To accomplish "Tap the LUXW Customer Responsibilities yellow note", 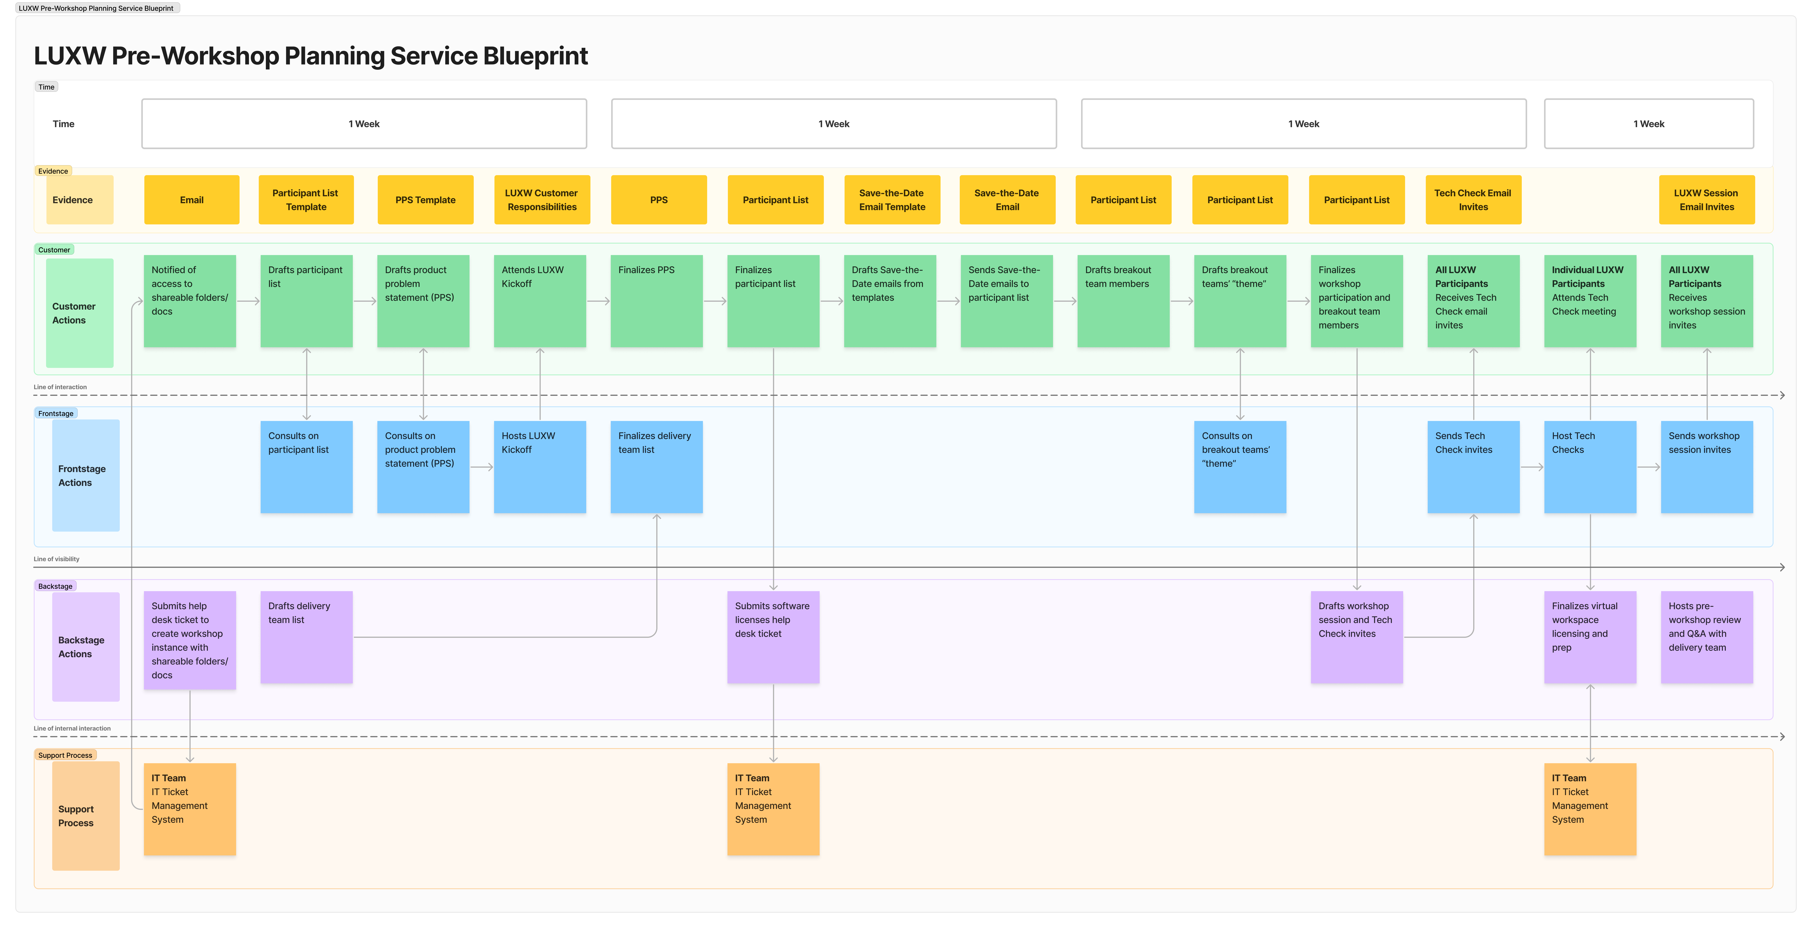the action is click(x=542, y=200).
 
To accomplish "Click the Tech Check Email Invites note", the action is click(x=1473, y=200).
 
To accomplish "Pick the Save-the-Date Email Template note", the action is click(x=892, y=200).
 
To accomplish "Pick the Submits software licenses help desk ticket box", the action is click(x=773, y=637).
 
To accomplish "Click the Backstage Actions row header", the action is click(x=86, y=647).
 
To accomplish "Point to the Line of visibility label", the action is click(x=56, y=559).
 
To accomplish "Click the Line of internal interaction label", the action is click(x=72, y=729).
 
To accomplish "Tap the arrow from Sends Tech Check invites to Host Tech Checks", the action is click(x=1532, y=467).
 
